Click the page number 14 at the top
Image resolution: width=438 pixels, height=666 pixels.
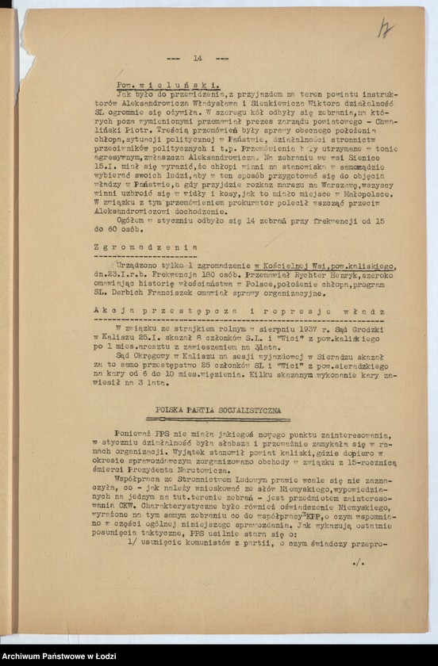tap(198, 58)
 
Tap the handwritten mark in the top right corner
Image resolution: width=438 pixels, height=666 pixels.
tap(386, 29)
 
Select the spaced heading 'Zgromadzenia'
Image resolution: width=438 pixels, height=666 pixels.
tap(156, 246)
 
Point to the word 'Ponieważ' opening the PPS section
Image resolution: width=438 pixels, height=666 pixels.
tap(134, 434)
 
